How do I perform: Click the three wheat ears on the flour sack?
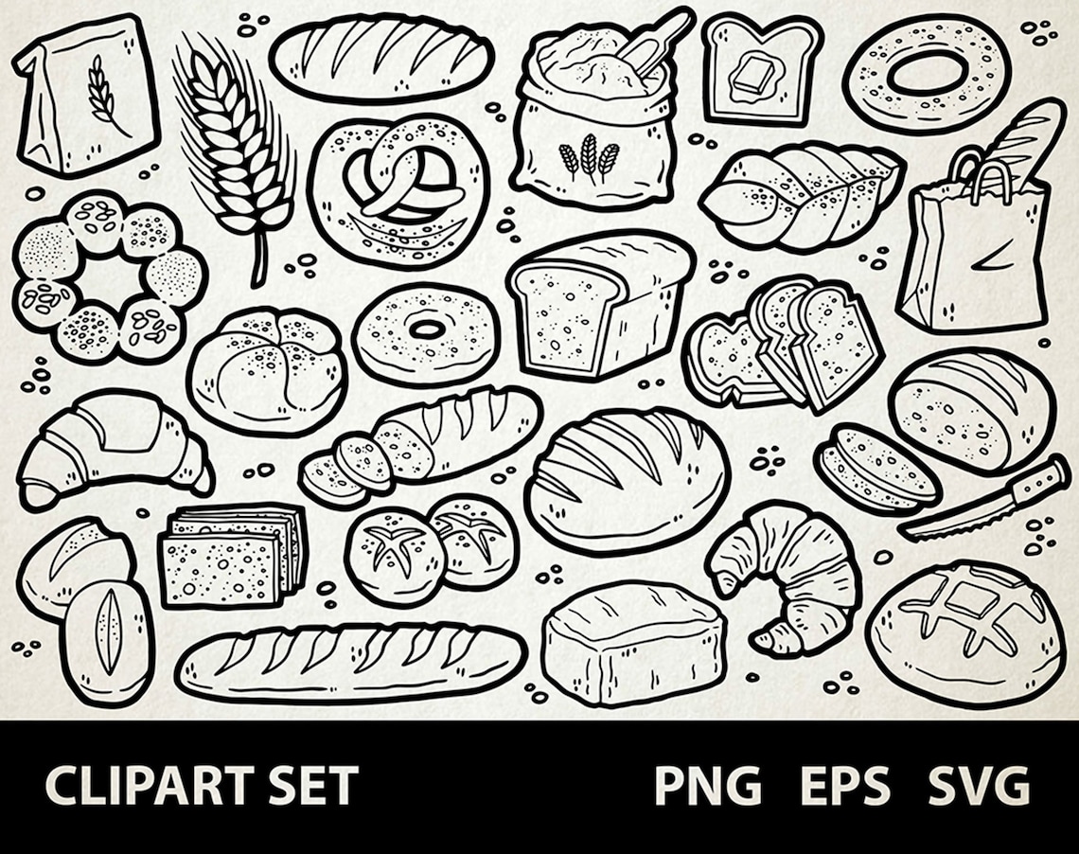click(x=588, y=157)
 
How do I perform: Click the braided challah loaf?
click(x=800, y=194)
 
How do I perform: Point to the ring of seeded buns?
click(x=109, y=275)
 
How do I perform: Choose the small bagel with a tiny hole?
click(x=426, y=331)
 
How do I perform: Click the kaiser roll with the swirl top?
click(x=267, y=369)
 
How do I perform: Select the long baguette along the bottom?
click(x=350, y=663)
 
